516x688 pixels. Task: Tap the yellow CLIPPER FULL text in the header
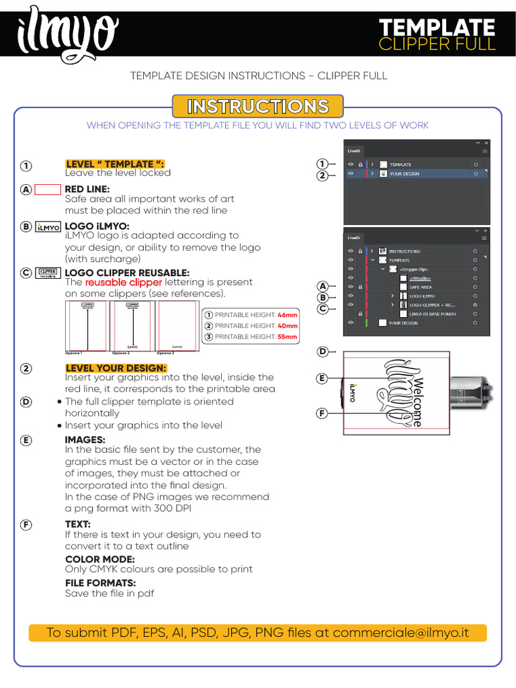pos(437,44)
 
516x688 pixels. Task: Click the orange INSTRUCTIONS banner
pos(257,107)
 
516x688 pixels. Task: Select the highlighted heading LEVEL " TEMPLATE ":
pos(114,164)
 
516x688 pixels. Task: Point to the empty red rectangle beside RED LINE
pos(48,189)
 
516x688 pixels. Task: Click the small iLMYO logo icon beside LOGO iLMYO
pos(48,227)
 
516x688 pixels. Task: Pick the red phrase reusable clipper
pos(124,282)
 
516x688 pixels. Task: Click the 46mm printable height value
pos(287,314)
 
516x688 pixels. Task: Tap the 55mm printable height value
pos(287,337)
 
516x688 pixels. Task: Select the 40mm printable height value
pos(287,326)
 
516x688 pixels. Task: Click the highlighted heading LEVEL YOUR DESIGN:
pos(116,368)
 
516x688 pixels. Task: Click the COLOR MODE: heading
pos(99,559)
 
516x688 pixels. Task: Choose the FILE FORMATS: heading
pos(100,583)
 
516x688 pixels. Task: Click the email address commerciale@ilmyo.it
pos(409,633)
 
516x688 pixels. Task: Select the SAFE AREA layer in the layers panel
pos(421,287)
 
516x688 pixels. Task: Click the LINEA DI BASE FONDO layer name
pos(432,314)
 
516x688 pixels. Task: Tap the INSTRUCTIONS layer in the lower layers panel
pos(404,251)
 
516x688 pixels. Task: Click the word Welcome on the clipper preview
pos(419,402)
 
